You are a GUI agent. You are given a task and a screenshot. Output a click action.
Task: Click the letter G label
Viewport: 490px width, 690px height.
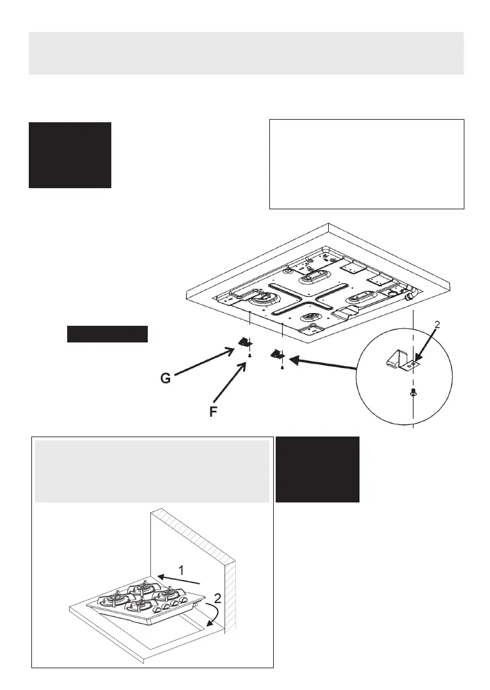(x=166, y=379)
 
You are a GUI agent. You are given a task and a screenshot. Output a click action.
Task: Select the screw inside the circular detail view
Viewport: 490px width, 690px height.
(x=414, y=394)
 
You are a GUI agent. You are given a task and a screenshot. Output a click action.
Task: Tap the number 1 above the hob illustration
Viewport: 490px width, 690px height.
(x=181, y=569)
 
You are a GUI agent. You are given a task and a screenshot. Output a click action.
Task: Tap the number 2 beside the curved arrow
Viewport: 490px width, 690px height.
(x=218, y=599)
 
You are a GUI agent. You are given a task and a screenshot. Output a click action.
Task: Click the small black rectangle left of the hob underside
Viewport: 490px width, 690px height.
(x=107, y=334)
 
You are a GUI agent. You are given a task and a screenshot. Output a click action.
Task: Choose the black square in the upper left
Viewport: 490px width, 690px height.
(x=70, y=155)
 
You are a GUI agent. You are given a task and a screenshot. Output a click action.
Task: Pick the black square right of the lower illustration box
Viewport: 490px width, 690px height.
(x=317, y=469)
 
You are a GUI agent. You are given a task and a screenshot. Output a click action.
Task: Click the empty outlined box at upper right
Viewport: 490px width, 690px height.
(x=367, y=164)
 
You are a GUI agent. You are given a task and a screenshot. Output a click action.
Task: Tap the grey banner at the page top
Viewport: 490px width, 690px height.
(x=246, y=53)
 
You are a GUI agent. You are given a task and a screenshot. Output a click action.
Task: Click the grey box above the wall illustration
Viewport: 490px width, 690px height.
(x=151, y=471)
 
